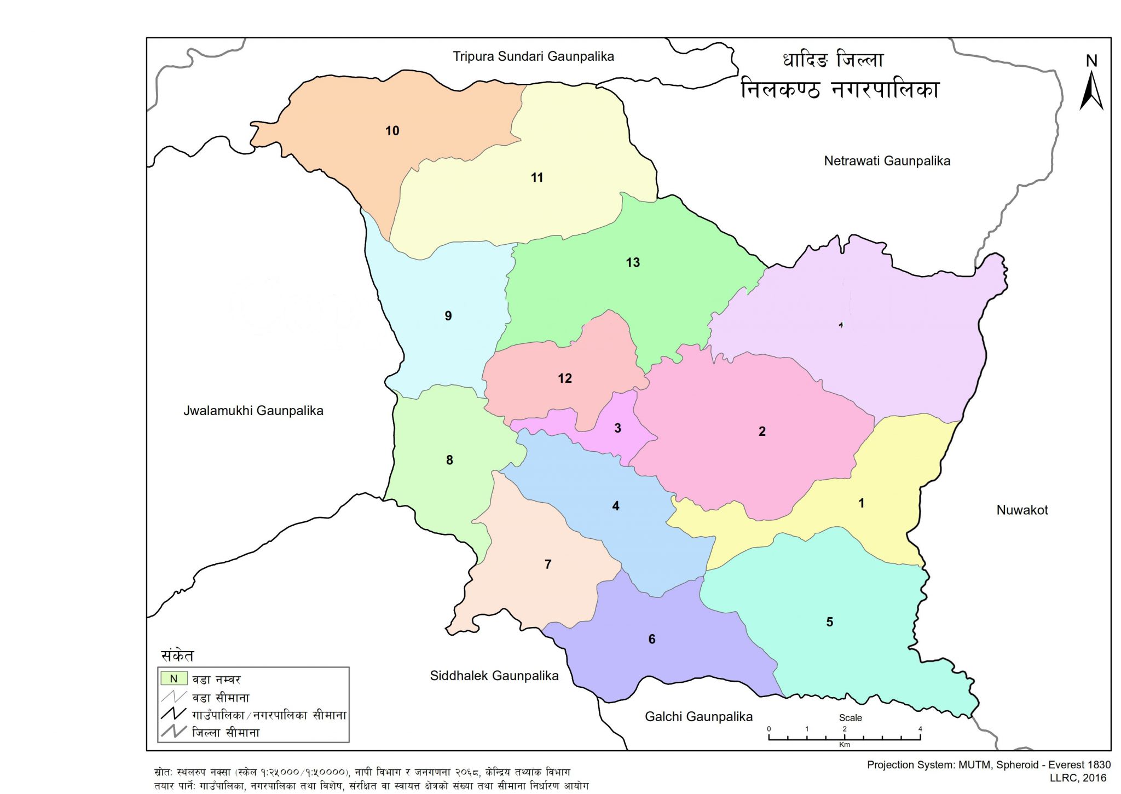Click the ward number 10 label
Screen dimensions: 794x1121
point(392,131)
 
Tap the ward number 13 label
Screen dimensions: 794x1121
point(633,263)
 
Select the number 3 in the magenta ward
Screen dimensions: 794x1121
point(617,428)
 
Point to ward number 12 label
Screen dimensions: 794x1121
point(565,378)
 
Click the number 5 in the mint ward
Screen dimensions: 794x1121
point(830,622)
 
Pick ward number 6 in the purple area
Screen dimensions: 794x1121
point(652,639)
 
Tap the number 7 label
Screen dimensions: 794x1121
point(548,564)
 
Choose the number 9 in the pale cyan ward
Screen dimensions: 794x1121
point(448,316)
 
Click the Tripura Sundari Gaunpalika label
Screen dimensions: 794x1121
point(533,56)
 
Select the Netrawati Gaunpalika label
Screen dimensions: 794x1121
point(887,161)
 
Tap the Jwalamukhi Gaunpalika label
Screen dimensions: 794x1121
point(253,411)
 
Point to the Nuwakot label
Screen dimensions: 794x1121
point(1021,510)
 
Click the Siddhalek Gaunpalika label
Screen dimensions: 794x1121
point(494,676)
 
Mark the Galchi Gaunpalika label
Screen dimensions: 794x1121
point(698,717)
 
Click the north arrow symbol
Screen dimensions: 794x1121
point(1091,88)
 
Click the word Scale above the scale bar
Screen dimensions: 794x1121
point(850,718)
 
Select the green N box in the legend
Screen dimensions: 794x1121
point(174,679)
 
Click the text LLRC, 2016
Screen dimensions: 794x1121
point(1077,778)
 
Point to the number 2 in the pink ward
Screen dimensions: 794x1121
point(762,431)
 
